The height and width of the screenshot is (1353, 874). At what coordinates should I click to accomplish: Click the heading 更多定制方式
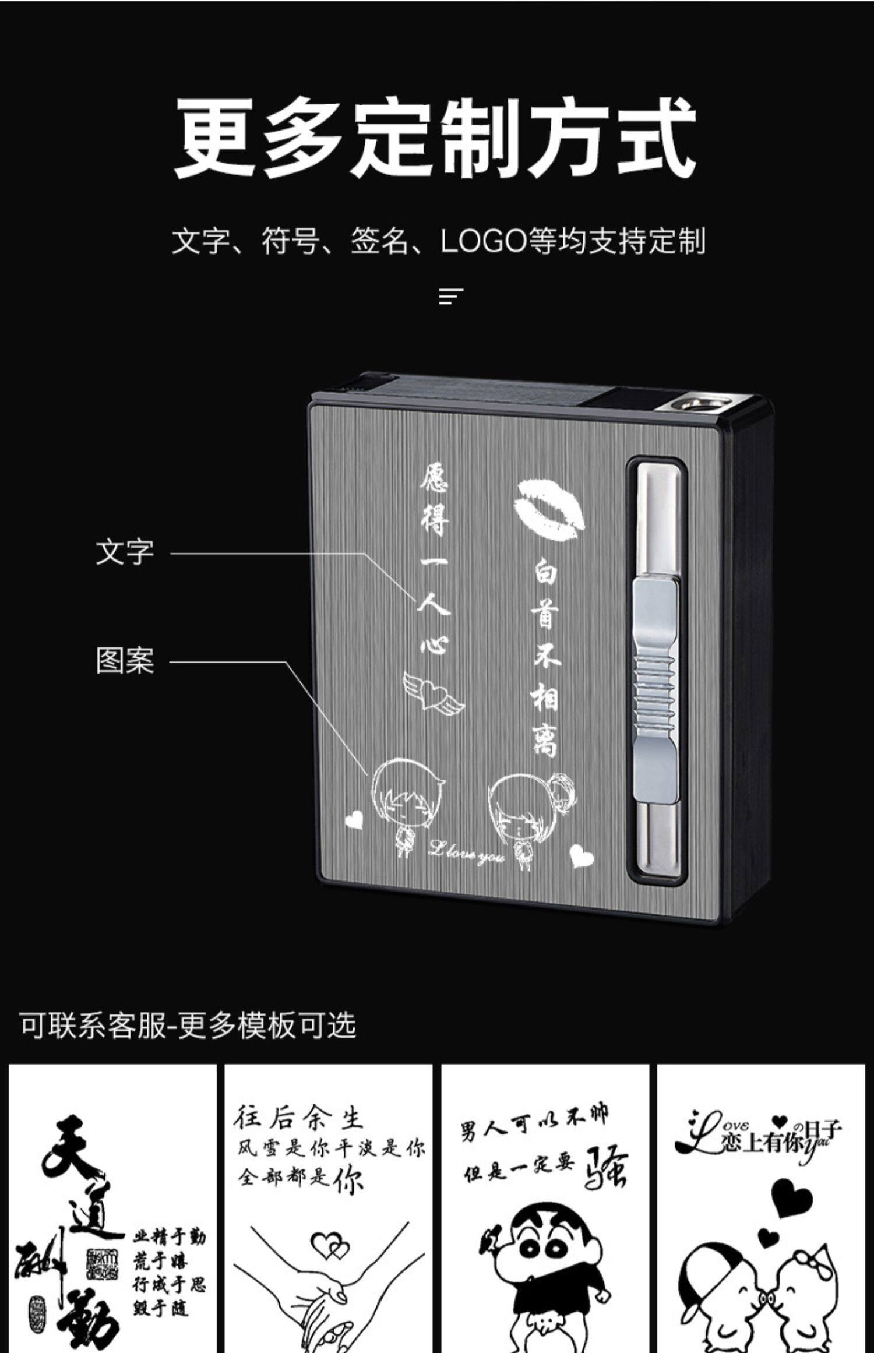pyautogui.click(x=436, y=138)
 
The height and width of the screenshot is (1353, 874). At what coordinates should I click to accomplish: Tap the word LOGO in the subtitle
pyautogui.click(x=483, y=241)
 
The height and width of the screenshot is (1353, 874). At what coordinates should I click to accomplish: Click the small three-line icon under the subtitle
pyautogui.click(x=451, y=297)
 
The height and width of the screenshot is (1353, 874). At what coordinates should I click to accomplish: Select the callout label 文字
pyautogui.click(x=125, y=552)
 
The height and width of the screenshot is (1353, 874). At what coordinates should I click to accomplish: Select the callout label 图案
pyautogui.click(x=125, y=661)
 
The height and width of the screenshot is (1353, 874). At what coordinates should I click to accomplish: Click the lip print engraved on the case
pyautogui.click(x=548, y=506)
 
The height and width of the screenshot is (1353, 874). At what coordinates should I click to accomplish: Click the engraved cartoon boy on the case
pyautogui.click(x=405, y=801)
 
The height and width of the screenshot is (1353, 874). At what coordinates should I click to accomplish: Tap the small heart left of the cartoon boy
pyautogui.click(x=354, y=820)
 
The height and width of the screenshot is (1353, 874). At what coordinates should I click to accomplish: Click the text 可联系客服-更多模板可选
pyautogui.click(x=188, y=1024)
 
